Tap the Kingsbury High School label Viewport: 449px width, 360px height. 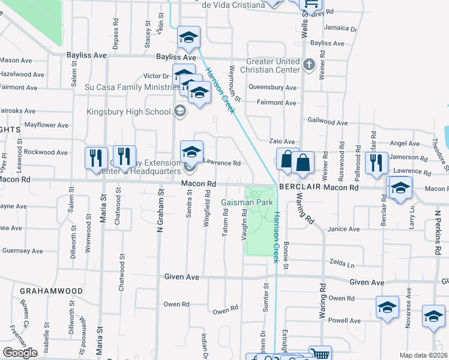coord(128,111)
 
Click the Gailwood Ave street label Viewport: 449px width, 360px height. coord(327,122)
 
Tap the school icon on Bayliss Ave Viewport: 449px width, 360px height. coord(188,38)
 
